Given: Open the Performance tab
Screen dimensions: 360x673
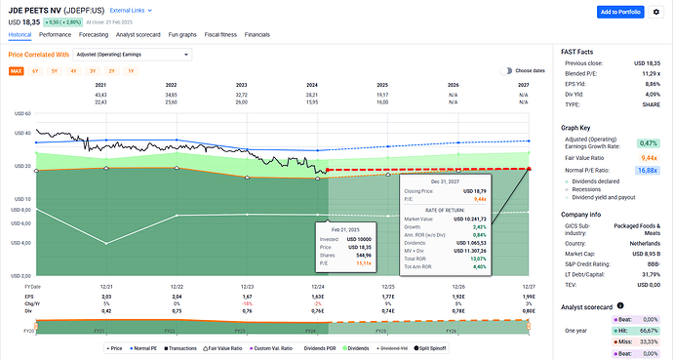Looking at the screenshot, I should click(x=56, y=33).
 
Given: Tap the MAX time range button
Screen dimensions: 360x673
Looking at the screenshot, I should click(x=17, y=71).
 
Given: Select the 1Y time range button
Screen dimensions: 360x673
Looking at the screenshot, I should click(x=131, y=71).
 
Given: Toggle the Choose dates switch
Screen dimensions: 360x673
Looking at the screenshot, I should click(x=505, y=71).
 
